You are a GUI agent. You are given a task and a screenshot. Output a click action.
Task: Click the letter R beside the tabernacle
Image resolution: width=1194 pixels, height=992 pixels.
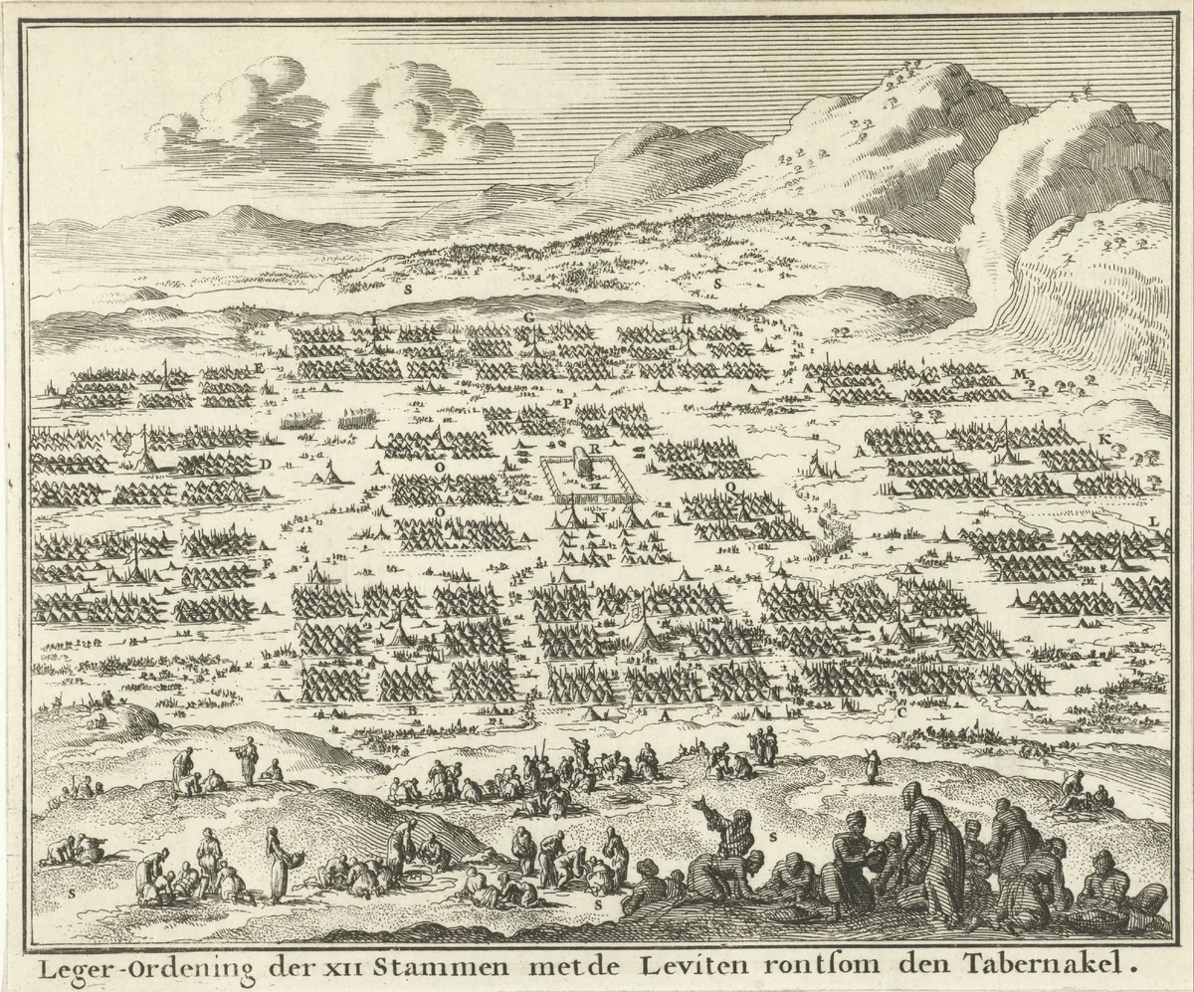tap(594, 450)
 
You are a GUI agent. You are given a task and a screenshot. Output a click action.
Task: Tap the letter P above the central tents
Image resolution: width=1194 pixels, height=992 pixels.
tap(568, 405)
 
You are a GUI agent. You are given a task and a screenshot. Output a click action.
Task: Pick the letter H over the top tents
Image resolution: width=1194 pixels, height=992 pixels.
tap(687, 318)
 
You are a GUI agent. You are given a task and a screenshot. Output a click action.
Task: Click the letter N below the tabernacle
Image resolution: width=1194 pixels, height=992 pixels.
tap(599, 516)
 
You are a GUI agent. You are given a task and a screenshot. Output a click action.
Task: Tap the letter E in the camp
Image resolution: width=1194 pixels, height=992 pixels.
tap(260, 368)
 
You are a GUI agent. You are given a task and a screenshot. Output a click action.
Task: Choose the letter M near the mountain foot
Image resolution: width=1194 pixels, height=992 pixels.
tap(1019, 373)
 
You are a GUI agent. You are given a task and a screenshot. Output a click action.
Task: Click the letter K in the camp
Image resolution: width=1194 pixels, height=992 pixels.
tap(1103, 439)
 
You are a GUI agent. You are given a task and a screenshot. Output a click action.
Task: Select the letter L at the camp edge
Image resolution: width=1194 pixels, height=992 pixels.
tap(1153, 521)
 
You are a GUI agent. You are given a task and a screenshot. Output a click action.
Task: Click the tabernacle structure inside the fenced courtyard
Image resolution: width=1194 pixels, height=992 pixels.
tap(585, 465)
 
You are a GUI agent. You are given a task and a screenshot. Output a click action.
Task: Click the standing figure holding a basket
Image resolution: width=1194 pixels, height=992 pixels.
tap(279, 861)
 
